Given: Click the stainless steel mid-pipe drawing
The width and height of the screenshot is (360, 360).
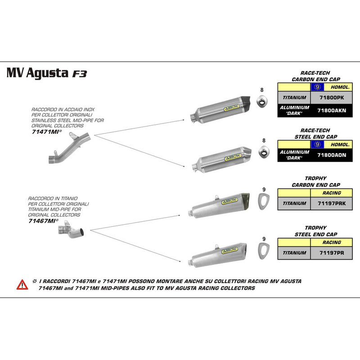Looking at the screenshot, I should click(69, 150).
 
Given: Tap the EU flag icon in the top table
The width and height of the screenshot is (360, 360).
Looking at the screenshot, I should click(318, 87).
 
